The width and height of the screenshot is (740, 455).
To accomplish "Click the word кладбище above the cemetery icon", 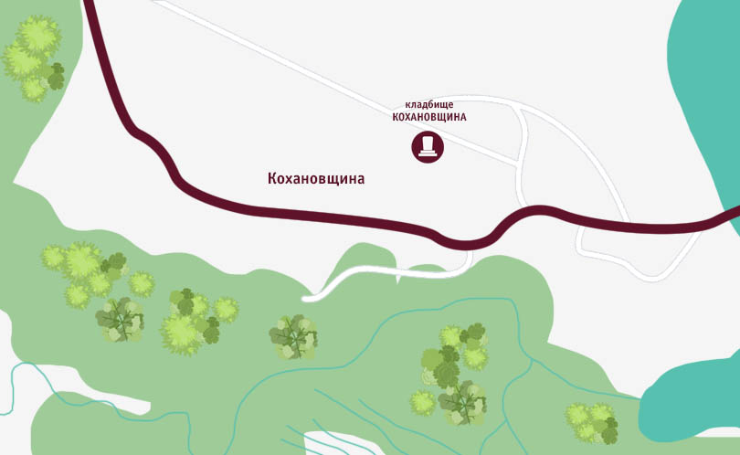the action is coord(429,105).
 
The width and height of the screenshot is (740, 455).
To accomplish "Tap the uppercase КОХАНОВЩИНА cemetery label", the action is coord(429,117).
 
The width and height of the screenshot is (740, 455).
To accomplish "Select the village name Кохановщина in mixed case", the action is coord(316,179).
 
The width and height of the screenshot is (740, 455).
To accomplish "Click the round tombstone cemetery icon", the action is coord(427,146).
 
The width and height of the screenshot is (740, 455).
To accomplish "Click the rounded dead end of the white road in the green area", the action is coord(312,296).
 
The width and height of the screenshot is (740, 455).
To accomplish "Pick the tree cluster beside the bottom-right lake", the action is coord(592,422).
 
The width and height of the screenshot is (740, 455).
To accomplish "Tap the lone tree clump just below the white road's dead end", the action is coord(293,337).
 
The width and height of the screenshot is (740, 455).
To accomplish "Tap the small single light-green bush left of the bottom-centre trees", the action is coord(422,402).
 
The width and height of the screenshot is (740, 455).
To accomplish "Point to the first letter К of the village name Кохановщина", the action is coord(272,179).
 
